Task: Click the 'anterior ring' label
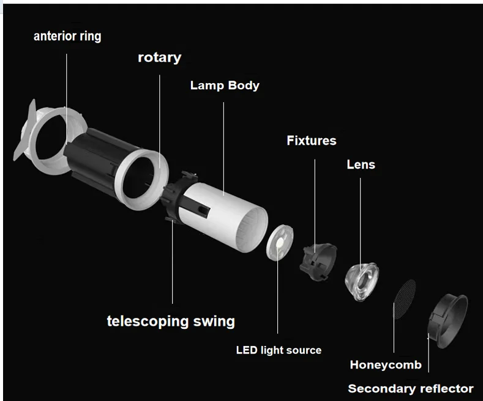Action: tap(67, 36)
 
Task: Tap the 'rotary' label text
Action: tap(159, 58)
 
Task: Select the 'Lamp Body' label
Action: tap(225, 85)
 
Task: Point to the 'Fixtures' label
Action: tap(311, 141)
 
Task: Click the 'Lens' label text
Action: tap(361, 164)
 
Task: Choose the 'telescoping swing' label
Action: tap(171, 321)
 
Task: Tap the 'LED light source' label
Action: tap(279, 350)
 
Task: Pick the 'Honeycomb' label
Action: tap(386, 366)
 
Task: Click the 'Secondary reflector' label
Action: tap(410, 389)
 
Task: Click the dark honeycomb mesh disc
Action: tap(401, 298)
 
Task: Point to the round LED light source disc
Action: tap(279, 242)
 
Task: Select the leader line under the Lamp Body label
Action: tap(223, 147)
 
